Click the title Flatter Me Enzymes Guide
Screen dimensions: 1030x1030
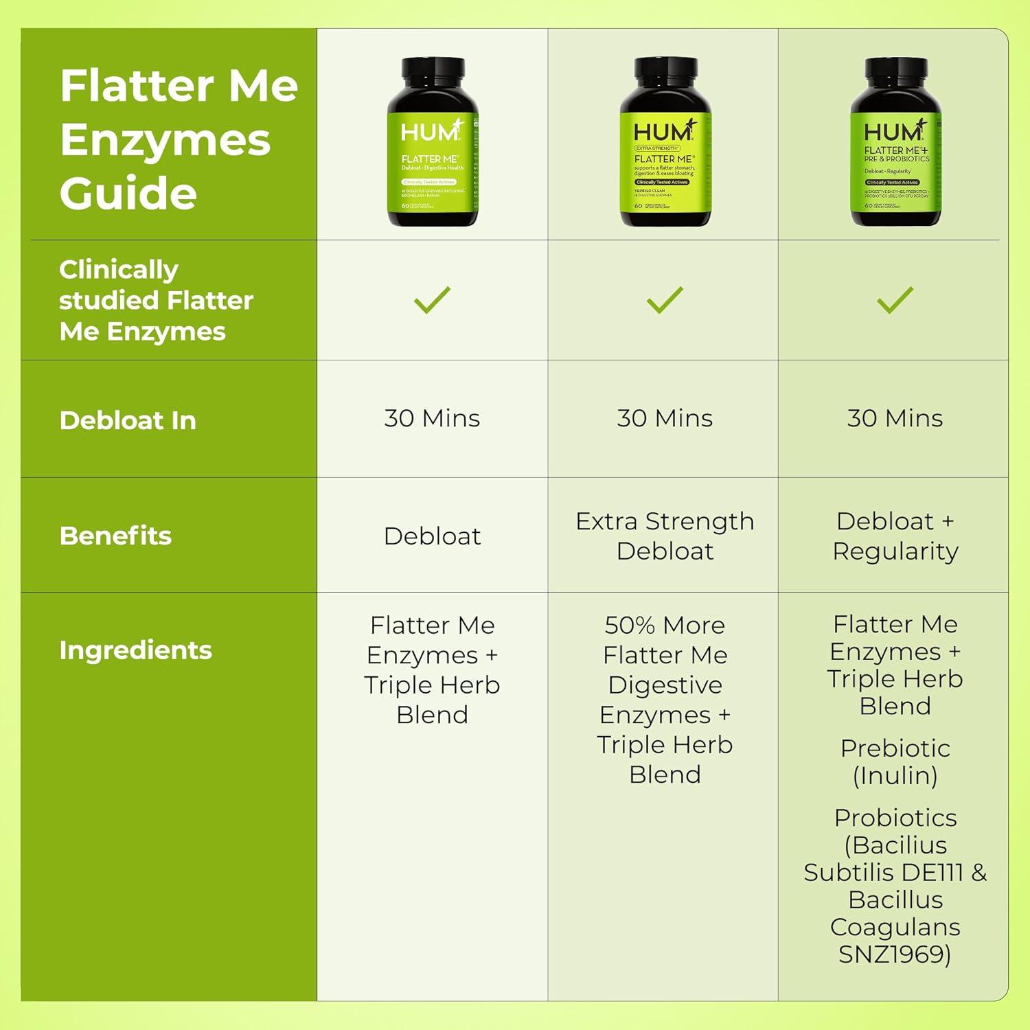[x=179, y=139]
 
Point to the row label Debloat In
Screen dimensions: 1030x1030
[x=128, y=420]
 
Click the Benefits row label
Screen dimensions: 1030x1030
[x=115, y=536]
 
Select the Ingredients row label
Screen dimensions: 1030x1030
[x=135, y=650]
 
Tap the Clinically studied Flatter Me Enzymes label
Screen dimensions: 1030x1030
[x=156, y=300]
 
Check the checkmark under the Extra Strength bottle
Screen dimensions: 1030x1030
[x=665, y=300]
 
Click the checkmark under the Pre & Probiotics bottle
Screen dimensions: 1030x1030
[x=895, y=300]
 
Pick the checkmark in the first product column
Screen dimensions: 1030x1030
[x=432, y=300]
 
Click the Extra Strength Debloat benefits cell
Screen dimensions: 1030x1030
[x=665, y=536]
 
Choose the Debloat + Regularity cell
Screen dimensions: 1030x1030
[x=895, y=536]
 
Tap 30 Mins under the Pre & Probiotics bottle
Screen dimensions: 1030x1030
[x=895, y=418]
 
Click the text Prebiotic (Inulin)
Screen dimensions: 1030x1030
[x=895, y=762]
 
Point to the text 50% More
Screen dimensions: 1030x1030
[x=665, y=626]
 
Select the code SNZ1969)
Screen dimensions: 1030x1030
[x=895, y=954]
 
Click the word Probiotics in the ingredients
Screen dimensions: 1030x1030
[x=895, y=818]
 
